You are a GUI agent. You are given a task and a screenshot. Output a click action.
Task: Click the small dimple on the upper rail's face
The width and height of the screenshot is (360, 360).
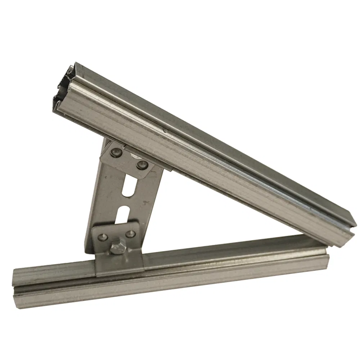click(x=165, y=131)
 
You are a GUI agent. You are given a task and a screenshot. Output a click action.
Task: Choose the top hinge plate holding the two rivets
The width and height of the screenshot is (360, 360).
click(x=126, y=160)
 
